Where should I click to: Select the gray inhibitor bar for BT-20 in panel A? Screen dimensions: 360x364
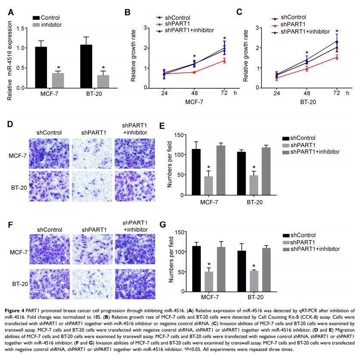(x=103, y=81)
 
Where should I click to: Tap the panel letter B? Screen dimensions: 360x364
(x=127, y=12)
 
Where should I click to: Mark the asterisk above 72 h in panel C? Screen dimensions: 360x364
(x=337, y=31)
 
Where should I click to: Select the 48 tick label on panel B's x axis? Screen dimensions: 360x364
(x=194, y=94)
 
